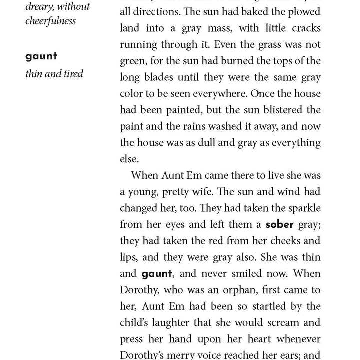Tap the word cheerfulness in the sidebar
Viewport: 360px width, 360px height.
pos(50,21)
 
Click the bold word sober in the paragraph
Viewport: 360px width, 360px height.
pos(279,224)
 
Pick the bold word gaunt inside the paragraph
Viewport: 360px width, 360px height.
pos(157,274)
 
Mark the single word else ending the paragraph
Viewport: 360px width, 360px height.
pos(128,159)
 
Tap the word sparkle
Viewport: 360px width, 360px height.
pos(303,208)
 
